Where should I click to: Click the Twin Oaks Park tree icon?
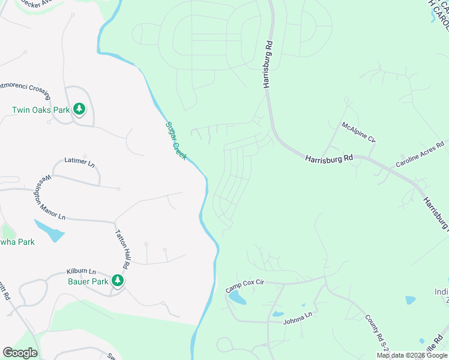[79, 109]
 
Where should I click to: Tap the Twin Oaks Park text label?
[41, 110]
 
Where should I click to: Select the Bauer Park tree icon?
[118, 281]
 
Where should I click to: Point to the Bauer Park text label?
[88, 281]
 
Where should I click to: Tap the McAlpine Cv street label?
[358, 133]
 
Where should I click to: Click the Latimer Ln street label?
[79, 163]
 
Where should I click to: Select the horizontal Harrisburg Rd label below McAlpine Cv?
[328, 159]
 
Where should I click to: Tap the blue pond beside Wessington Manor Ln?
[48, 230]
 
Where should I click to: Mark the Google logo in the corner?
[20, 353]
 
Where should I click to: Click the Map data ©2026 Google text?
[412, 355]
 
